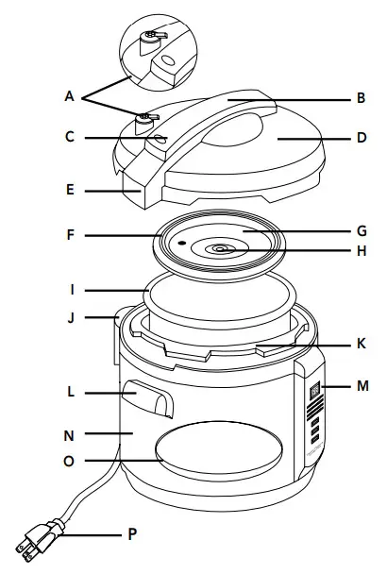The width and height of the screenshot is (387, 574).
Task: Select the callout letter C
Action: [x=70, y=138]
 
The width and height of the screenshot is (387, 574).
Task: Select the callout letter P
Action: [x=132, y=534]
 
